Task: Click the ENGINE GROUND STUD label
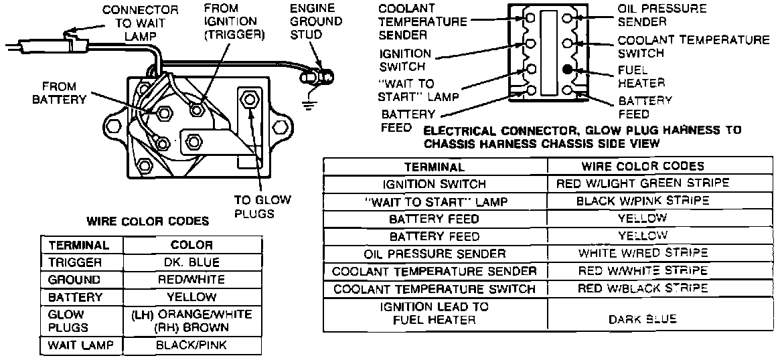coord(316,22)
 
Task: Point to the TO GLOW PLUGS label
coord(254,206)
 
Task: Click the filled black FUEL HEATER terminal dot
coord(567,69)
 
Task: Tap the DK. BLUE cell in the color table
coord(192,262)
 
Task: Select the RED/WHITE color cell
coord(192,280)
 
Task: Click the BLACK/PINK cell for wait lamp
coord(192,345)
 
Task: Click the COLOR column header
coord(192,245)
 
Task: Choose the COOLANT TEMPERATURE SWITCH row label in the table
coord(435,289)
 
